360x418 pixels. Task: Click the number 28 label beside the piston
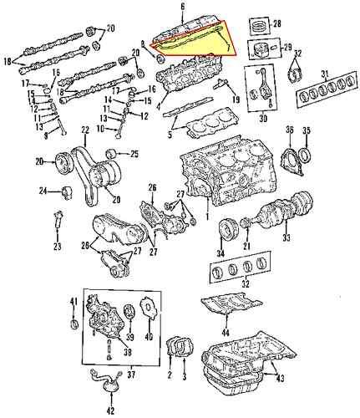(276, 23)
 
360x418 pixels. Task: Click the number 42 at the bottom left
(110, 410)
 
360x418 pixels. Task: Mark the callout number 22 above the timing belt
(85, 130)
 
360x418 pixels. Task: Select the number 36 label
(289, 130)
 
